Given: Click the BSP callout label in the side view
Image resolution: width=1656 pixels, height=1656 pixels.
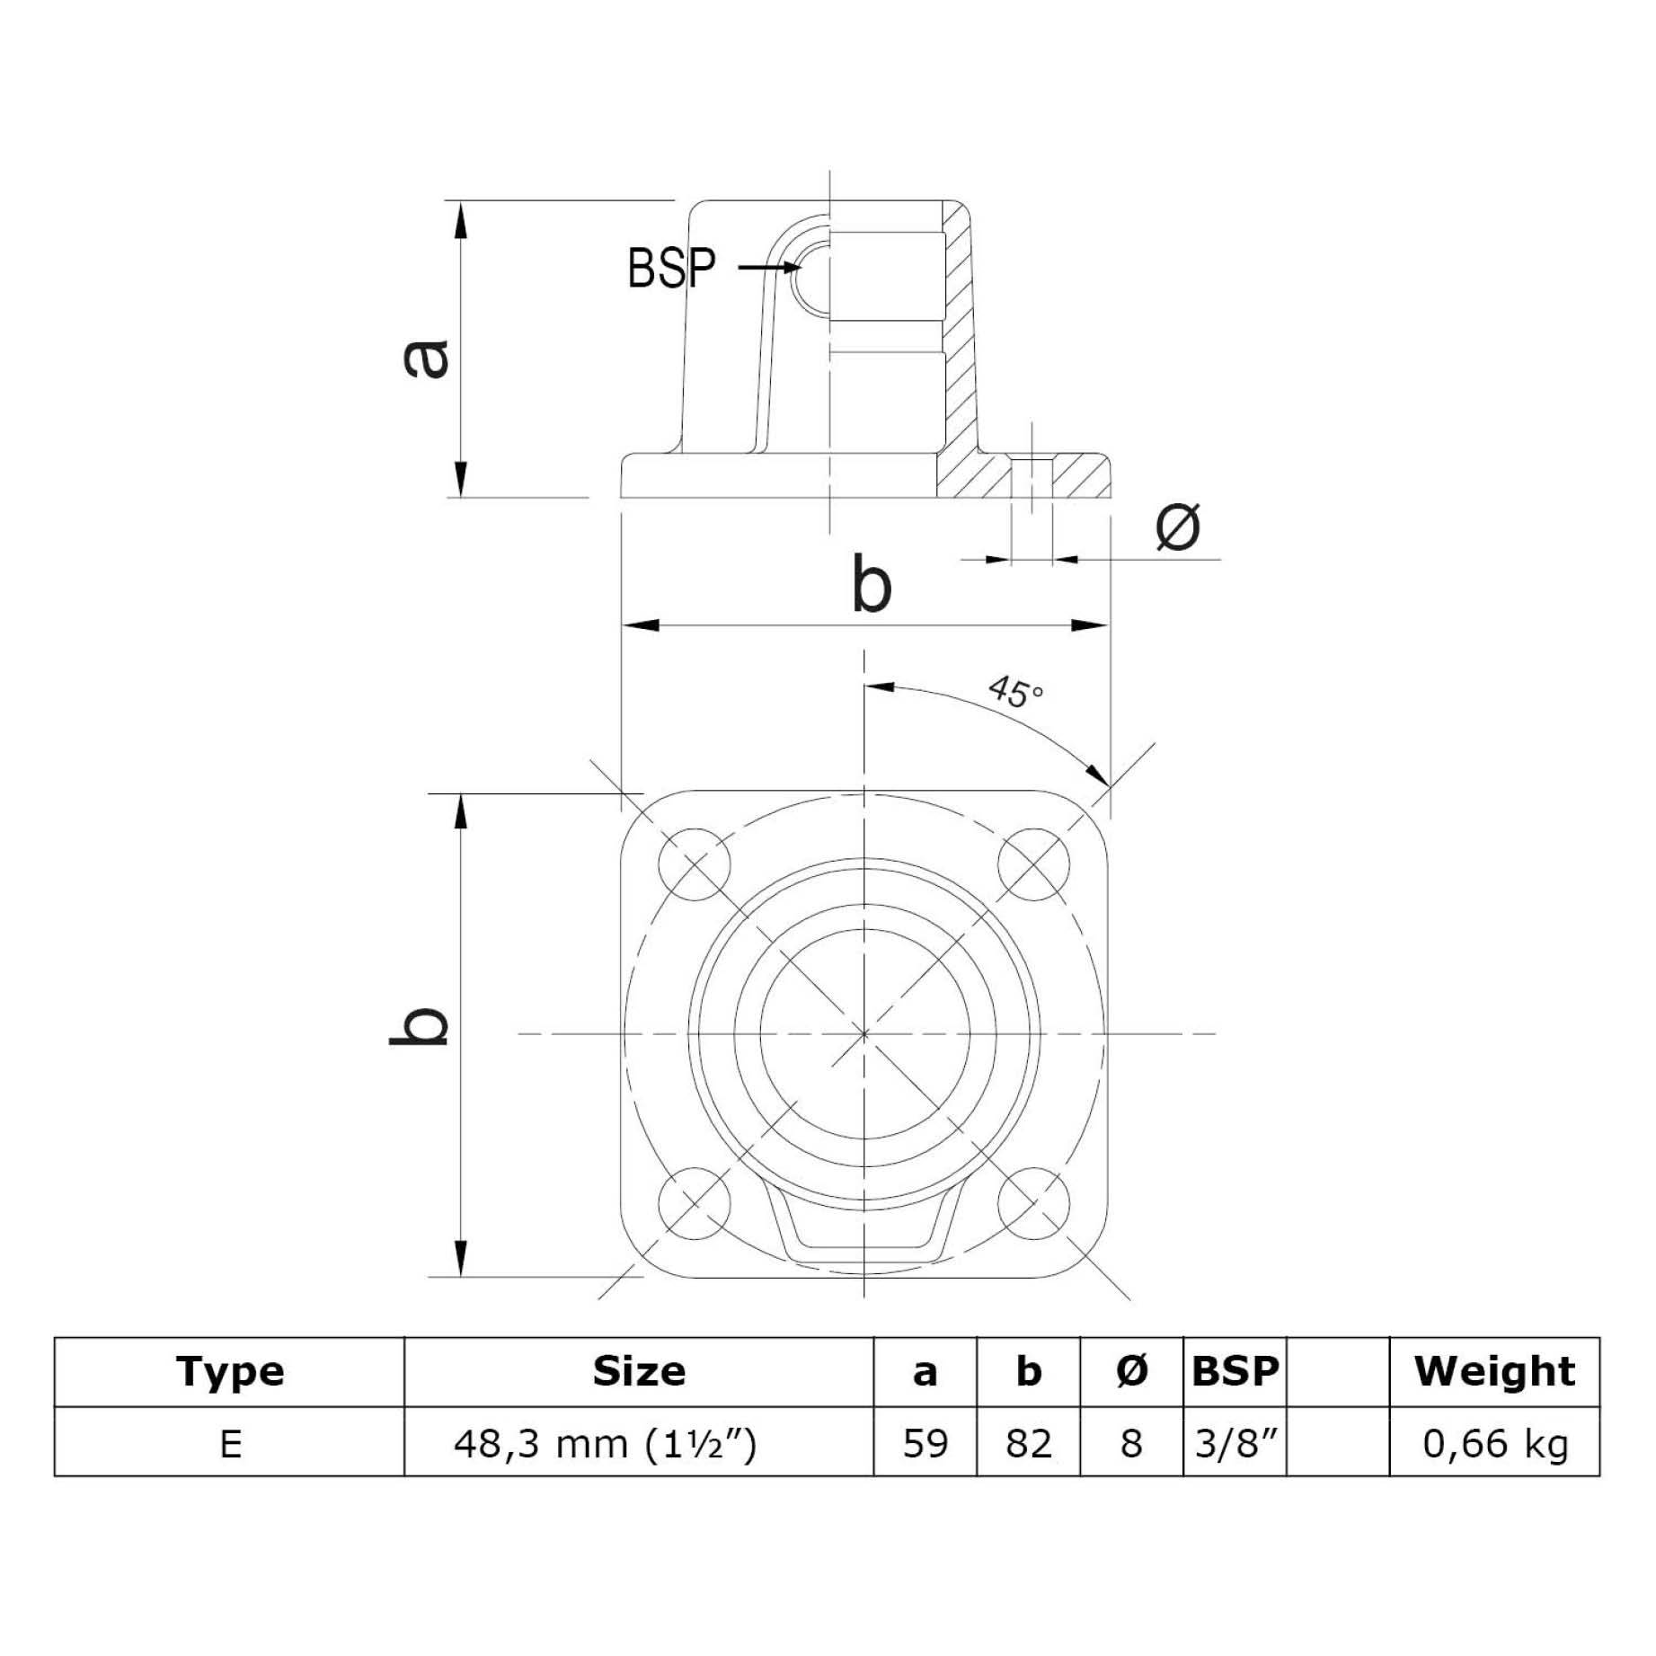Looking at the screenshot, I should (x=671, y=267).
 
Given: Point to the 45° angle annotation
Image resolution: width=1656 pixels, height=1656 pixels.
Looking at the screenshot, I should (x=1015, y=692).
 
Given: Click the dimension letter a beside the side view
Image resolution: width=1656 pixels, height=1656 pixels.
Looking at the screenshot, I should (x=426, y=358).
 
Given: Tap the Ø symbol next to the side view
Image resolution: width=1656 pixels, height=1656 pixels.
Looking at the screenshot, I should (x=1177, y=527).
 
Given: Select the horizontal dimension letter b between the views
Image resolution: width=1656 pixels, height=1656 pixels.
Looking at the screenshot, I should (x=871, y=586).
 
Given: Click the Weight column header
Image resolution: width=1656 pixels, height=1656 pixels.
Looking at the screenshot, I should (x=1493, y=1372).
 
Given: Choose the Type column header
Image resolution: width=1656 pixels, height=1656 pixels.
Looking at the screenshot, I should (x=230, y=1372).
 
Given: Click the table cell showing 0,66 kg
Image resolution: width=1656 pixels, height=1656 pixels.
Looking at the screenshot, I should (x=1493, y=1443).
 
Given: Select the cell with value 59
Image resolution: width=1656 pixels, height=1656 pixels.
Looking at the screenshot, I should (x=925, y=1443).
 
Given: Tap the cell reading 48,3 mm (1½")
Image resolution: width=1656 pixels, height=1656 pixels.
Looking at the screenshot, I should (x=606, y=1443).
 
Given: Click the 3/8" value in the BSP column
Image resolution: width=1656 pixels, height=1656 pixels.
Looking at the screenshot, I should (x=1235, y=1443).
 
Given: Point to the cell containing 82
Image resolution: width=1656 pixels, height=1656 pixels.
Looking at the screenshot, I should (x=1028, y=1443).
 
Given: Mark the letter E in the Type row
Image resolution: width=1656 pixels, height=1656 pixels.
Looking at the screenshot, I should (x=230, y=1443).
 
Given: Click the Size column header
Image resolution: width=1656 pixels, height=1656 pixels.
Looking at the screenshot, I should (x=639, y=1372).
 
